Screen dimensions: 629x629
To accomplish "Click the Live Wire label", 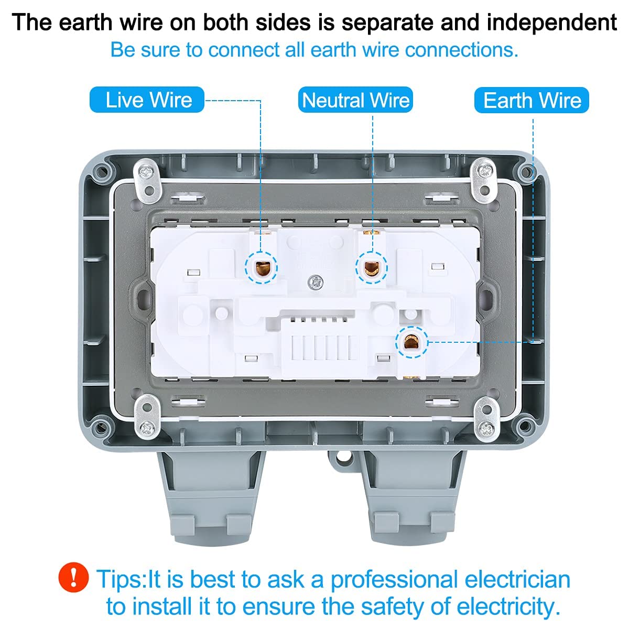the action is pos(147,100).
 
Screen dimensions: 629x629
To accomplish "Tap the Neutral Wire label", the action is pos(355,100).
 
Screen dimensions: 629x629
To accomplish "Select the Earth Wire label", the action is pos(532,100).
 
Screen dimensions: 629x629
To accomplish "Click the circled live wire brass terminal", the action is pos(261,268).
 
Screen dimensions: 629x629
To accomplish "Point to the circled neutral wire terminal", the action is pos(371,268).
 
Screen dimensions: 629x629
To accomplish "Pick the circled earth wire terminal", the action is pos(411,342).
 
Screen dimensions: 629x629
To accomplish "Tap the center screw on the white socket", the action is pos(316,281).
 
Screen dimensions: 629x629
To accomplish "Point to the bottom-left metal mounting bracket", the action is pos(147,417).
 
